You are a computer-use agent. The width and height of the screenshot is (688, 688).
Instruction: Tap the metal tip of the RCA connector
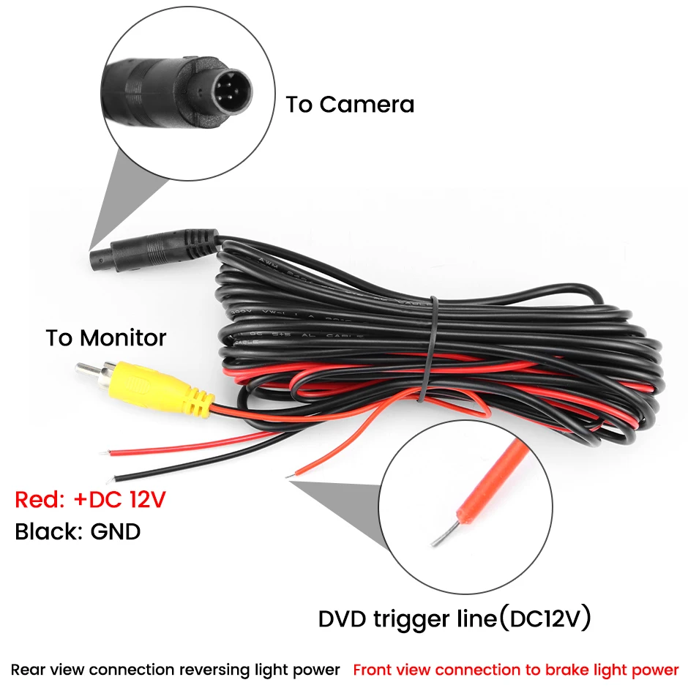pos(84,369)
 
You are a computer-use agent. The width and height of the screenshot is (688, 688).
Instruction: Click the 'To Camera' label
pos(350,104)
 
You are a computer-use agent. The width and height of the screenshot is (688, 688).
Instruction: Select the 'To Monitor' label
pos(106,338)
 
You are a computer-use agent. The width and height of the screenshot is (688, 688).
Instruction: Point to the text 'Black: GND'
pos(78,531)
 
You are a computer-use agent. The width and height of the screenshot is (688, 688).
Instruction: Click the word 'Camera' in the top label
pos(367,104)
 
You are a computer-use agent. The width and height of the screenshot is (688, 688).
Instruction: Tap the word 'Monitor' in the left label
pos(123,338)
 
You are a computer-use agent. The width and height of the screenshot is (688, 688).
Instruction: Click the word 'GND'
pos(115,531)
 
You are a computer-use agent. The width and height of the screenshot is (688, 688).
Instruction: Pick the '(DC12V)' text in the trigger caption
pos(544,619)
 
